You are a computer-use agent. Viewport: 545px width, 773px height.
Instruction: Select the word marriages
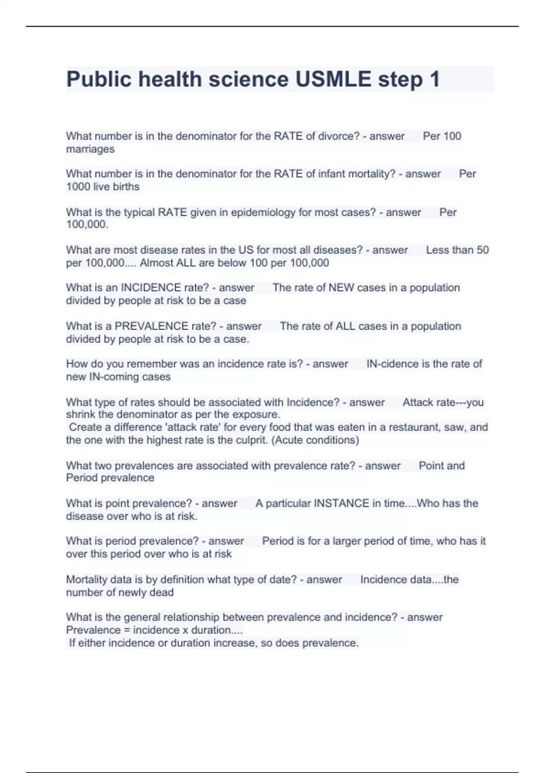pos(90,149)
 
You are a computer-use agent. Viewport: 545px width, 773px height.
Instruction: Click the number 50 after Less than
pos(482,250)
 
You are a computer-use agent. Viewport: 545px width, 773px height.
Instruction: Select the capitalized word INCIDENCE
pos(151,288)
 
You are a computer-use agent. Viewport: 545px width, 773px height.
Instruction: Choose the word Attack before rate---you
pos(416,402)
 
